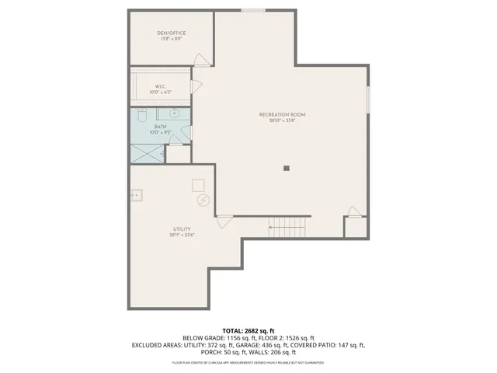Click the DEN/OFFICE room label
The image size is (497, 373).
click(x=172, y=35)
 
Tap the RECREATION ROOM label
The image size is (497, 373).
click(x=277, y=117)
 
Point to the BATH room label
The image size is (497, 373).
click(x=161, y=128)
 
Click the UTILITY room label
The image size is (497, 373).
click(x=182, y=232)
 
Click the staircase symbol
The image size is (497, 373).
click(x=288, y=227)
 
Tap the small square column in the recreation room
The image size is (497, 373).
click(x=286, y=167)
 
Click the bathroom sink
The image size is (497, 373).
click(x=176, y=114)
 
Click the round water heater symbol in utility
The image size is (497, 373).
click(x=203, y=200)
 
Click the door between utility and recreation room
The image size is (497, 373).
click(x=224, y=221)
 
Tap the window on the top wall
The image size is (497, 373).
click(x=252, y=10)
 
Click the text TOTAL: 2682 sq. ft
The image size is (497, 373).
click(x=248, y=330)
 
